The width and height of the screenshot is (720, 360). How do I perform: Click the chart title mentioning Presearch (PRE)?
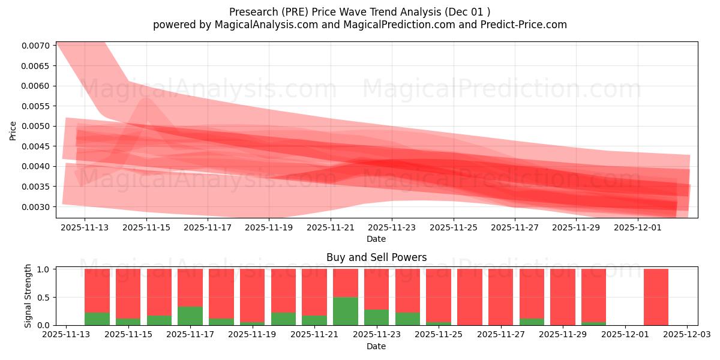click(x=359, y=12)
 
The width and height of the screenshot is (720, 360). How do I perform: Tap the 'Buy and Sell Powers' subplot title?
click(x=376, y=257)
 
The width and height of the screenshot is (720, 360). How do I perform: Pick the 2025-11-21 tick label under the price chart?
click(x=330, y=228)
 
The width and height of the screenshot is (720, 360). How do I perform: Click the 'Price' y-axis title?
click(x=13, y=130)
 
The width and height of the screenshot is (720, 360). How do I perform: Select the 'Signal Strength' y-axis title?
click(x=28, y=296)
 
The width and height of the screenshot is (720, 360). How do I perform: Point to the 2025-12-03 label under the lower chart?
click(x=687, y=335)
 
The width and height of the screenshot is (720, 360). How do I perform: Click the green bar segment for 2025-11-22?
click(x=346, y=311)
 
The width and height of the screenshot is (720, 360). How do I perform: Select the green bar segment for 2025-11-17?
click(x=190, y=316)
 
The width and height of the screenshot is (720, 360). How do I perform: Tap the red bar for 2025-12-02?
click(x=656, y=297)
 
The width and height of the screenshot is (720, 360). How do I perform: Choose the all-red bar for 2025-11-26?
click(x=470, y=297)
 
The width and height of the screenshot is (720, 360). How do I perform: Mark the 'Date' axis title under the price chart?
click(x=376, y=239)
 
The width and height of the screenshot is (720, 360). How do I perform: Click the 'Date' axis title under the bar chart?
click(x=376, y=346)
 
